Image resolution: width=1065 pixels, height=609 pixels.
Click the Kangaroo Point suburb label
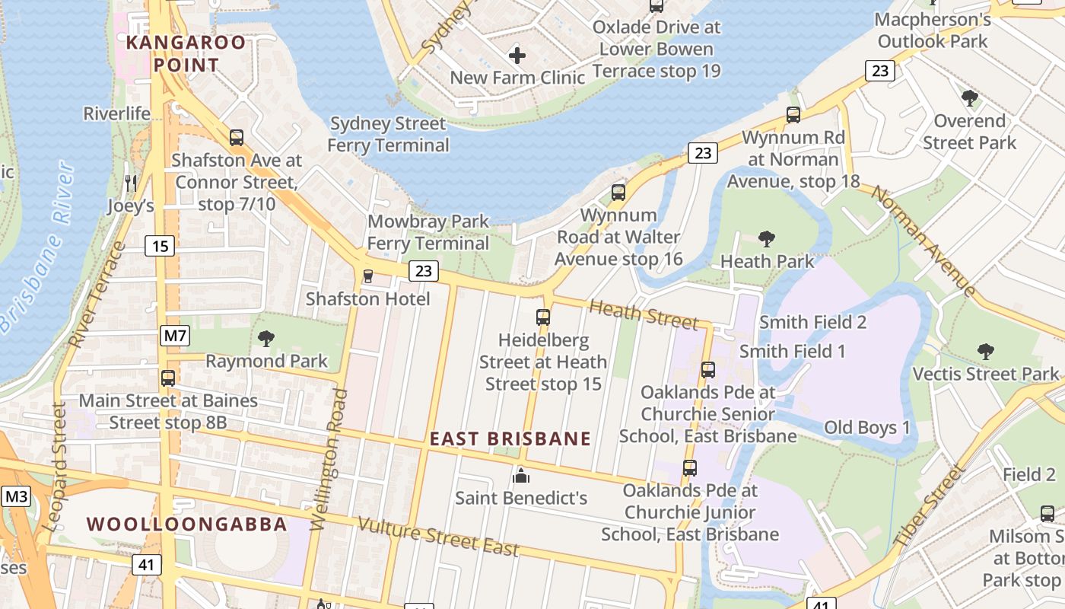(x=186, y=53)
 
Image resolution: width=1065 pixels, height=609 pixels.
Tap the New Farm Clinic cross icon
(x=517, y=55)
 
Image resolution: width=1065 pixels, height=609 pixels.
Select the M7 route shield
(x=175, y=336)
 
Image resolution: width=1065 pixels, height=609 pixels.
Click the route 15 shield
(x=160, y=246)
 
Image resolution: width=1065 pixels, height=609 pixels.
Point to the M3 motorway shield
(x=16, y=497)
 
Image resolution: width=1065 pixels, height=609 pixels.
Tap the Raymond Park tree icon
(x=266, y=338)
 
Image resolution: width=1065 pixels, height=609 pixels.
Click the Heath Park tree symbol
(x=767, y=239)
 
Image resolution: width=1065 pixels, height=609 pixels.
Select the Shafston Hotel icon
(x=368, y=276)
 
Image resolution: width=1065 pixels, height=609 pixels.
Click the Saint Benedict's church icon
(x=521, y=476)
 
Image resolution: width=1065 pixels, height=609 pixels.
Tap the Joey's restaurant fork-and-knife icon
(x=131, y=183)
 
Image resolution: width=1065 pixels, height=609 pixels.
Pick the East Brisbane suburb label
(x=510, y=439)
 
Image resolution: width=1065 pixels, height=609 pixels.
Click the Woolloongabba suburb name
(x=186, y=525)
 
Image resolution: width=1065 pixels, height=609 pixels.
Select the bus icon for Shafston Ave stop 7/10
(x=237, y=138)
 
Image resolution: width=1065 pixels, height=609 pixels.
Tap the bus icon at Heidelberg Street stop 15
(x=543, y=317)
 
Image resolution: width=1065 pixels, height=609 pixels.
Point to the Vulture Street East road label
(x=438, y=537)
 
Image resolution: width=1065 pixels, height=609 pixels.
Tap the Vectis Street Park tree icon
(x=985, y=351)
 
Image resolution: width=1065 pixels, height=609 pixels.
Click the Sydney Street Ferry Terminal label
(x=388, y=134)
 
